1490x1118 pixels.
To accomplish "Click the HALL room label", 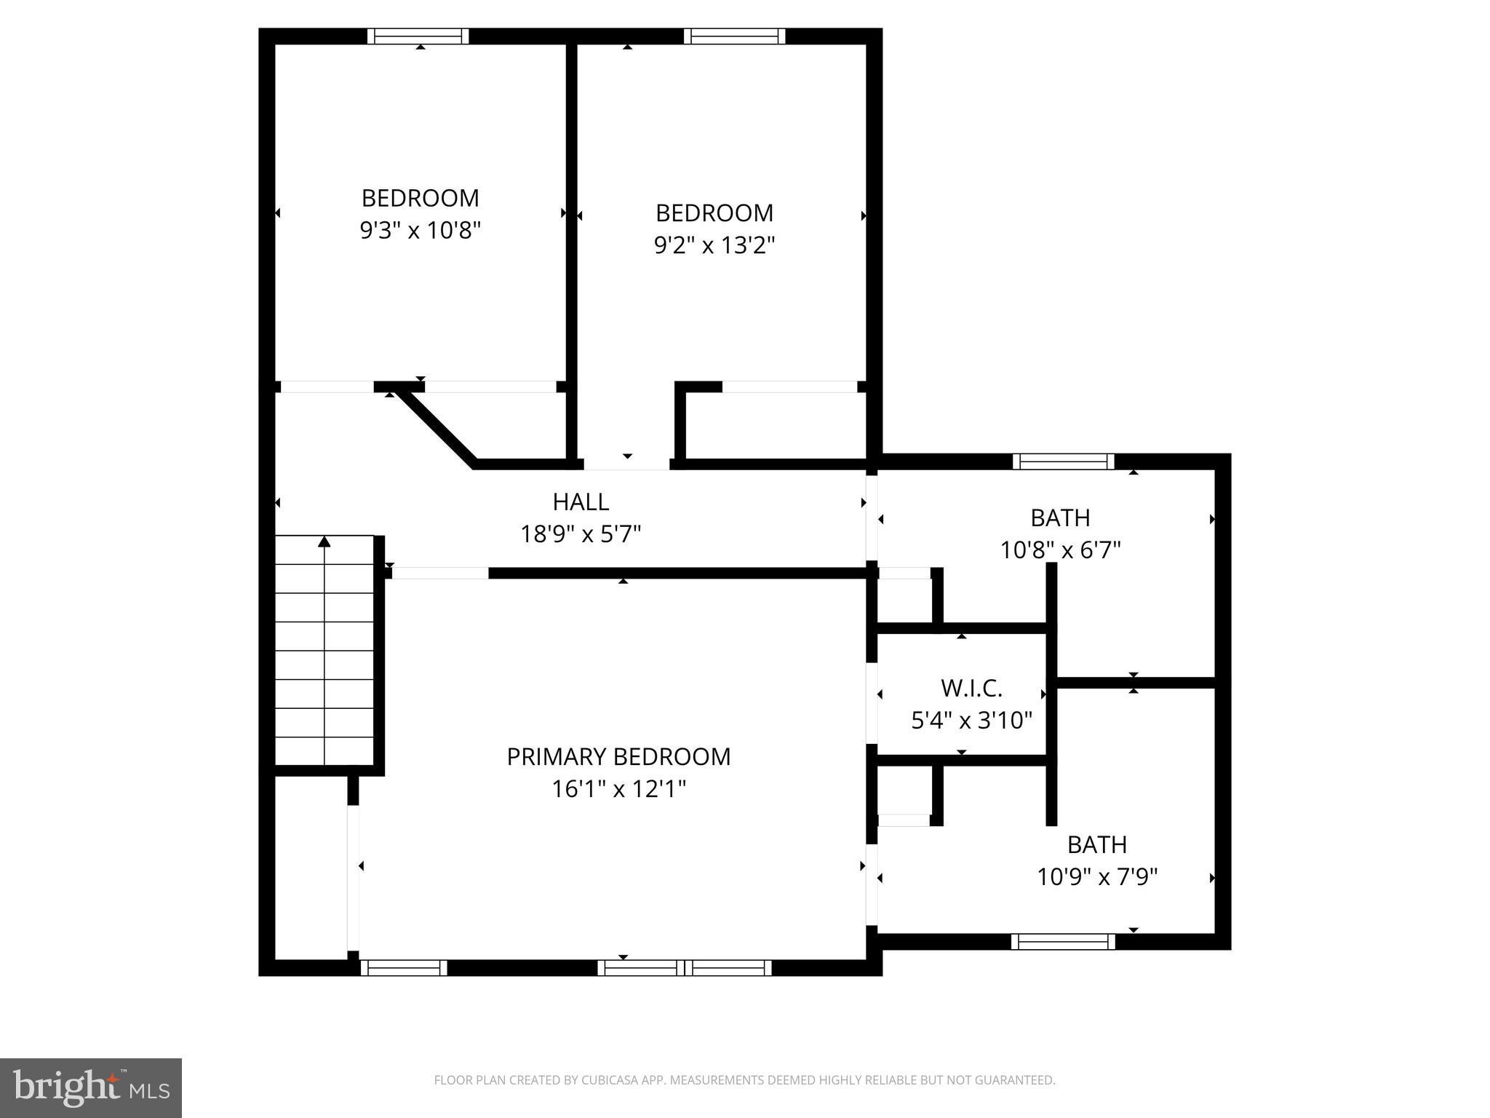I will click(x=581, y=501).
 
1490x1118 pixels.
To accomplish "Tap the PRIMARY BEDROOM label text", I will click(x=618, y=757).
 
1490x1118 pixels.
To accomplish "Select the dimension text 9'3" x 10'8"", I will click(x=421, y=231).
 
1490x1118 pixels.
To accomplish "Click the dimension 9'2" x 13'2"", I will click(x=714, y=245).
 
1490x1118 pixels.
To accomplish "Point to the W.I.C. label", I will click(x=971, y=688).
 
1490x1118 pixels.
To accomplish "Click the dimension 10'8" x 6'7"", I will click(x=1060, y=550).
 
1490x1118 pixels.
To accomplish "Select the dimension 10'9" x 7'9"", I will click(x=1096, y=876).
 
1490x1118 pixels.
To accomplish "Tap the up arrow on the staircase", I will click(x=324, y=542).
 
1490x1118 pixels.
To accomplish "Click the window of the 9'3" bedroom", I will click(x=418, y=36).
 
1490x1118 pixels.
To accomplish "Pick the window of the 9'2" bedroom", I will click(x=735, y=36).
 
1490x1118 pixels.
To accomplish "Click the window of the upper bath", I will click(x=1063, y=461).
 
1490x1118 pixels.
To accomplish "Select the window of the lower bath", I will click(x=1063, y=942).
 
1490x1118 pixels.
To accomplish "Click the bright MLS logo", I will click(x=91, y=1087).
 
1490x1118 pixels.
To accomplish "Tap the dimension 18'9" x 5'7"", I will click(x=581, y=535).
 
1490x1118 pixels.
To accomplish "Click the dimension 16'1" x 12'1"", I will click(x=618, y=789).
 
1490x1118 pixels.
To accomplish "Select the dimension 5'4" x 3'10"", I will click(x=971, y=721).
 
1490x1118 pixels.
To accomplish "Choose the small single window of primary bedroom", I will click(x=404, y=967).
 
